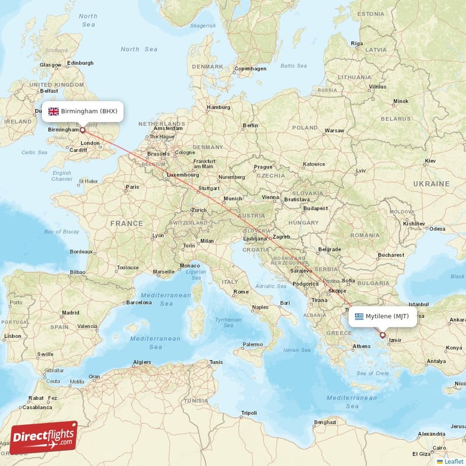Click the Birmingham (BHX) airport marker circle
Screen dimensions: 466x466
click(82, 130)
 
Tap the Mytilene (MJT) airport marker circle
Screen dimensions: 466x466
click(383, 334)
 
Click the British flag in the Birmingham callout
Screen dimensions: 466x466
click(54, 111)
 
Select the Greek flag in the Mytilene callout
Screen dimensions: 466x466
click(359, 316)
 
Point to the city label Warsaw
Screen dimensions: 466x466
click(334, 130)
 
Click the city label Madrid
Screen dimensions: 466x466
click(70, 313)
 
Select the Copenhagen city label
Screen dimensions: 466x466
click(250, 68)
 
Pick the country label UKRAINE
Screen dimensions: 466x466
click(431, 183)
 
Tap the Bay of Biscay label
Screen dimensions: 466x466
click(62, 232)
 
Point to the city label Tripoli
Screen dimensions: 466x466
click(249, 413)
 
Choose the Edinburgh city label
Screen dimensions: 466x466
click(80, 63)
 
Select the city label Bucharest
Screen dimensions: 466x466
click(390, 255)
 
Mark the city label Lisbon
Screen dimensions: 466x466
click(12, 336)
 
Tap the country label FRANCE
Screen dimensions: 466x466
click(127, 223)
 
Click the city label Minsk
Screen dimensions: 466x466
click(401, 101)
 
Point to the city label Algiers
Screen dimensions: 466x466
click(142, 362)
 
